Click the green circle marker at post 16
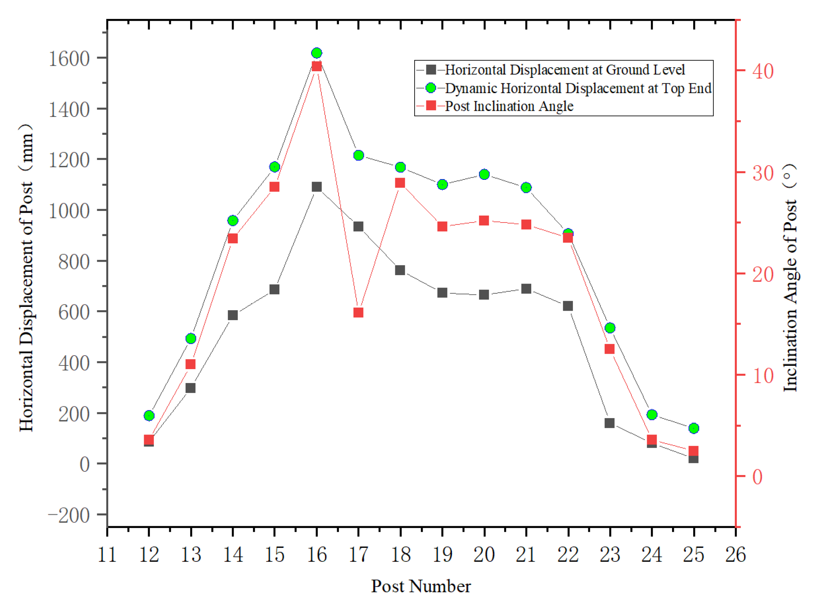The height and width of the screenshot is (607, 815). [x=317, y=53]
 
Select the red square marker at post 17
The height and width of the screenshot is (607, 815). [x=358, y=312]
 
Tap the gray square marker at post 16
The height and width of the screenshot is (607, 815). [x=317, y=187]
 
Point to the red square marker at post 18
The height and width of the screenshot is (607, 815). [x=400, y=183]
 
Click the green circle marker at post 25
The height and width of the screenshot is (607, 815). [x=693, y=428]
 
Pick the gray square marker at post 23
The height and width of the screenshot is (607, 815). [x=610, y=423]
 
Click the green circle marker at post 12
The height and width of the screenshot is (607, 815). [x=149, y=416]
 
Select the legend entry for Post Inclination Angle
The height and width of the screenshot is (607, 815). [x=509, y=106]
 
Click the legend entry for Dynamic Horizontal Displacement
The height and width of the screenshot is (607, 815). [x=578, y=88]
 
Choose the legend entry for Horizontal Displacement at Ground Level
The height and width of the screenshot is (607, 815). [x=565, y=70]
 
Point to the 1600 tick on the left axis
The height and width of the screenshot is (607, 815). [x=69, y=58]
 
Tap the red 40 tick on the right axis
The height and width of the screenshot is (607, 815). [x=763, y=71]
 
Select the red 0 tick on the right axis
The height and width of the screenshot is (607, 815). [x=757, y=477]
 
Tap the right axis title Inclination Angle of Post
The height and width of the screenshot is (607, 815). [x=791, y=277]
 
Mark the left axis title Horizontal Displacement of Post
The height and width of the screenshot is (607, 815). [x=26, y=277]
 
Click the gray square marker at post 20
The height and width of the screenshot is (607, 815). [x=484, y=295]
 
